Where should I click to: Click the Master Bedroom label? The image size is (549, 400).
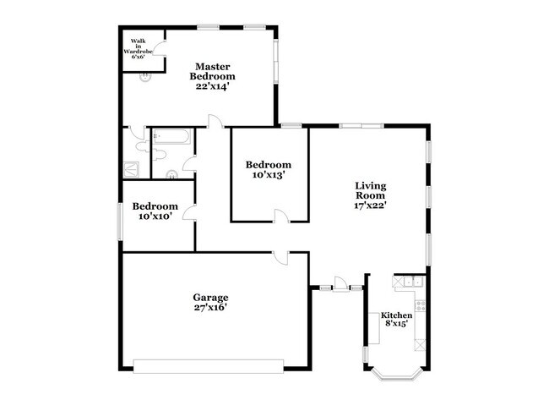(212, 71)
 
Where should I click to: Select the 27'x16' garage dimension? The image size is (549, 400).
(210, 308)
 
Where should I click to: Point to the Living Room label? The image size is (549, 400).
(371, 190)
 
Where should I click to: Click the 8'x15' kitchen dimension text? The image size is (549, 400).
(397, 323)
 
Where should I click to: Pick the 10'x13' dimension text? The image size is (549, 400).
(269, 175)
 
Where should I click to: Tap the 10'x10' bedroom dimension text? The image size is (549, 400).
(155, 216)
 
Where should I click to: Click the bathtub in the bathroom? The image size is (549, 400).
(172, 137)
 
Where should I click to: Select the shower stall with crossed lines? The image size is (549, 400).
(131, 169)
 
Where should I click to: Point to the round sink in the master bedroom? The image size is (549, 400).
(145, 77)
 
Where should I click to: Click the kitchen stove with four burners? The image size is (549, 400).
(420, 305)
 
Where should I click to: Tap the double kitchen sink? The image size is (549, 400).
(414, 281)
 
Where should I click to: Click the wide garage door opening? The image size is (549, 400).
(209, 366)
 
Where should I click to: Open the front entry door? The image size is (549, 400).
(340, 284)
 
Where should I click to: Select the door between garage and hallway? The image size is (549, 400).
(280, 257)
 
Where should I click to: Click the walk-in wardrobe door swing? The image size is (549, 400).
(160, 48)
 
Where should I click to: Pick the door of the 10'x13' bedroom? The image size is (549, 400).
(282, 216)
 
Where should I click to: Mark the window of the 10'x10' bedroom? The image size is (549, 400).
(120, 222)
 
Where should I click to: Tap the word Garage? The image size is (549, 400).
(210, 298)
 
